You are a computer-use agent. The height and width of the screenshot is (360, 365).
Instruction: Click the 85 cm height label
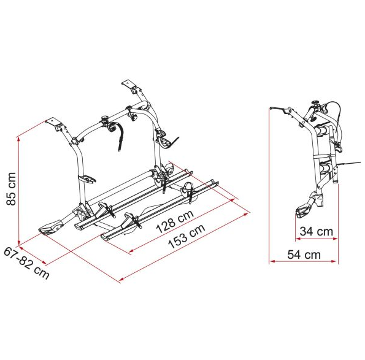point(11,189)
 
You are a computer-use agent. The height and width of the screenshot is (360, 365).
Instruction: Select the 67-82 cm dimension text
point(26,263)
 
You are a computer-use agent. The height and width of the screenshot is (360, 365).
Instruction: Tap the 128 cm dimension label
point(175,221)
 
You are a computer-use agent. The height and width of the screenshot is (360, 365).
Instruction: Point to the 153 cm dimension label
point(186,236)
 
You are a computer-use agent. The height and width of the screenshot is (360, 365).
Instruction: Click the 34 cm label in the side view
point(317,232)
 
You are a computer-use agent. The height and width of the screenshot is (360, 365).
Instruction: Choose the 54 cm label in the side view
point(304,255)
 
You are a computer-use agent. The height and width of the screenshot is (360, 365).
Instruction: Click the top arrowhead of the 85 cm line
point(18,139)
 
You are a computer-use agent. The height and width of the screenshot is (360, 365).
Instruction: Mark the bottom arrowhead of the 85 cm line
point(18,242)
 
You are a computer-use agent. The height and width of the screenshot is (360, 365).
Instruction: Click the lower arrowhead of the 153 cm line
point(122,279)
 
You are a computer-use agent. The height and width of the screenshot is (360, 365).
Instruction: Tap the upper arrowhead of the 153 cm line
point(247,213)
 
